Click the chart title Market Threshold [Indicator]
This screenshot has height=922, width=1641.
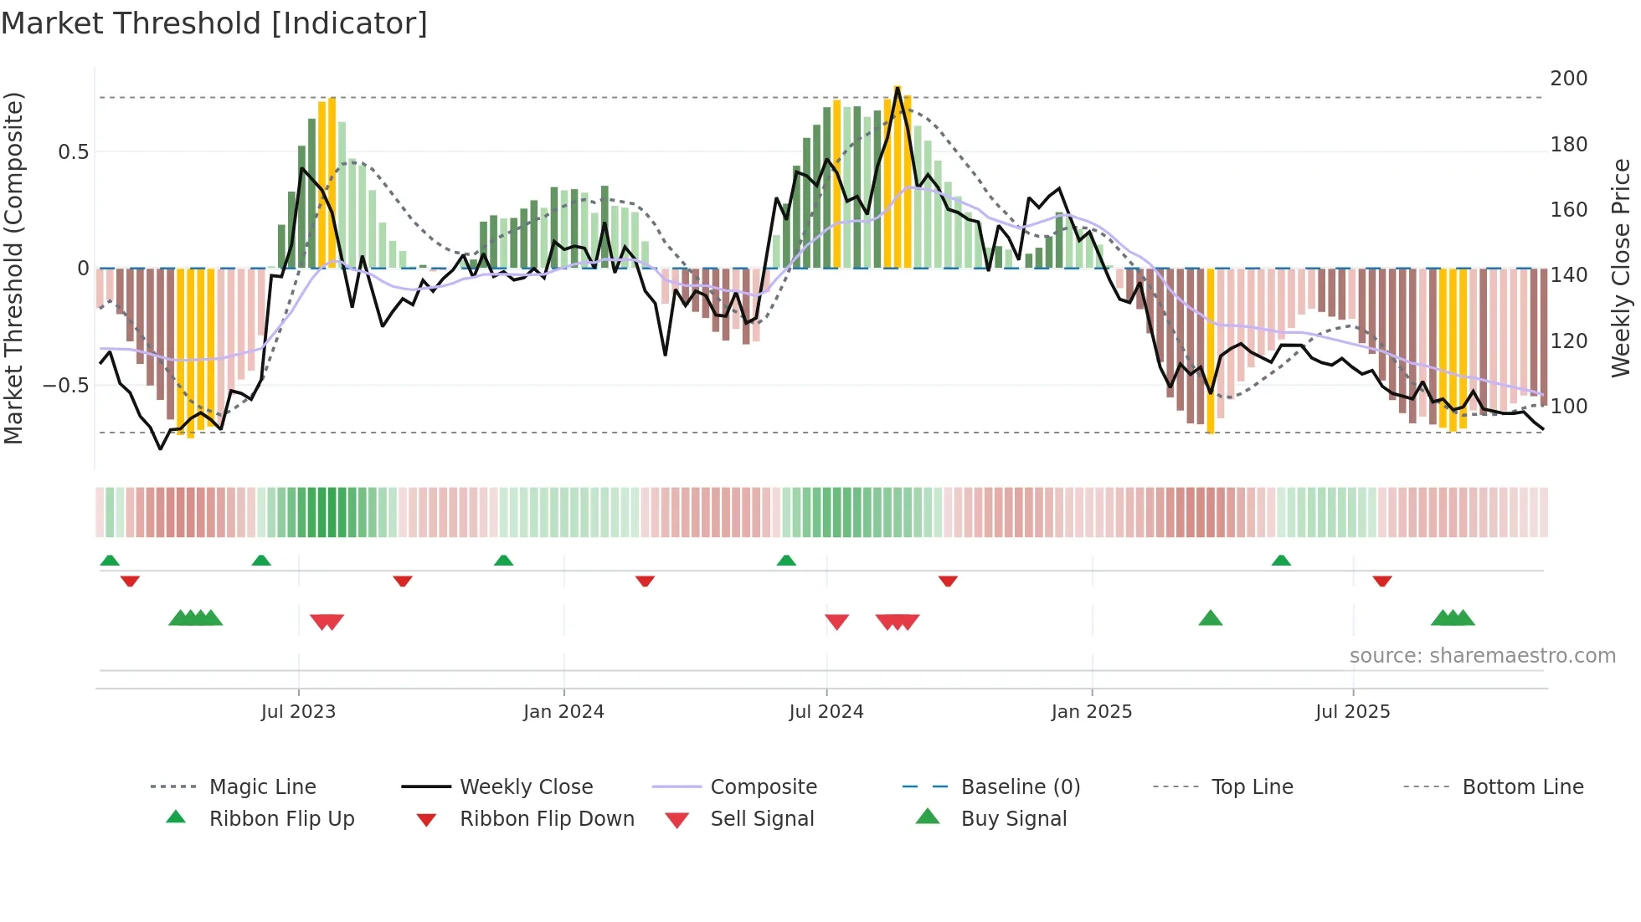[214, 23]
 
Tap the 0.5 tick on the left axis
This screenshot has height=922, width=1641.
[73, 151]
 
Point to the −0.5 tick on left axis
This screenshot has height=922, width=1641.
[66, 386]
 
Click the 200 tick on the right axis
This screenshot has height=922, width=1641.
[1568, 79]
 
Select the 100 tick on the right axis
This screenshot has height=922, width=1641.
[1568, 407]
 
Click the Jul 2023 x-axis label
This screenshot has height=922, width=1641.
[298, 712]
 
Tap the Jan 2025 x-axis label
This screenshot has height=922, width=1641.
[1091, 712]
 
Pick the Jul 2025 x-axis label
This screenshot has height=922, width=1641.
[1352, 712]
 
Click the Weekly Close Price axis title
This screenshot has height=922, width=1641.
[1621, 268]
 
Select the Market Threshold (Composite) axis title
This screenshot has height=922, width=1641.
[13, 268]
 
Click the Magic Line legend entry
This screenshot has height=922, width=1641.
[262, 787]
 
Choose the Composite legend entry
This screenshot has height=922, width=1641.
[763, 787]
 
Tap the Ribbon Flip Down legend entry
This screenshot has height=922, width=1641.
[546, 819]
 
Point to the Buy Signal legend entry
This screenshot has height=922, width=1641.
[1013, 819]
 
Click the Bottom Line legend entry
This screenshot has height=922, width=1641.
[1522, 787]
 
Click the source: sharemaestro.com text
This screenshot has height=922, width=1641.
[1482, 656]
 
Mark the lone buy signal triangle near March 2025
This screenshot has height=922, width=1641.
[1211, 619]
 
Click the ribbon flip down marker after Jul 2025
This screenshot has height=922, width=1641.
[1382, 581]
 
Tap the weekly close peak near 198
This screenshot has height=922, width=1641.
[898, 88]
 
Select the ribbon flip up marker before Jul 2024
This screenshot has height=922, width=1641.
[786, 561]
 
